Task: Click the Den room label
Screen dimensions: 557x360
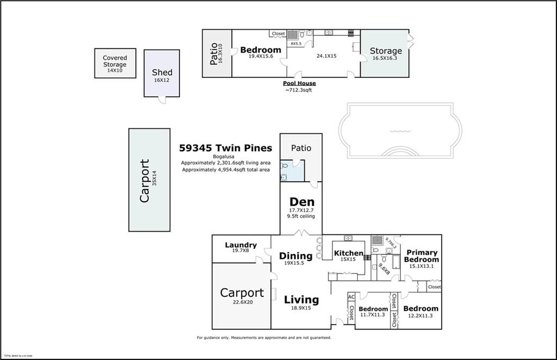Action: pyautogui.click(x=301, y=202)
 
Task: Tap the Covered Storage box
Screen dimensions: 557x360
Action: pyautogui.click(x=115, y=63)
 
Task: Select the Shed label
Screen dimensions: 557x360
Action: pyautogui.click(x=162, y=72)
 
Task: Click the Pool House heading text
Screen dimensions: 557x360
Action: pyautogui.click(x=299, y=83)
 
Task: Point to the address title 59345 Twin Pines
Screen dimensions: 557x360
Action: pyautogui.click(x=226, y=148)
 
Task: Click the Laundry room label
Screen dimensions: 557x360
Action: pyautogui.click(x=240, y=245)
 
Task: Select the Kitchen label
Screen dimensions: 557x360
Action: pyautogui.click(x=348, y=253)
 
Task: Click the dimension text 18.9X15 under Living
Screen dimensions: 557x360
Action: pyautogui.click(x=301, y=308)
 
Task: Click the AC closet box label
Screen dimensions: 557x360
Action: pyautogui.click(x=351, y=296)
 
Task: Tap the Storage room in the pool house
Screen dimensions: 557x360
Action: pyautogui.click(x=386, y=51)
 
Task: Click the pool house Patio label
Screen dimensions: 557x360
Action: pyautogui.click(x=214, y=53)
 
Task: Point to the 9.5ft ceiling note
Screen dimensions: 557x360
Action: pyautogui.click(x=301, y=216)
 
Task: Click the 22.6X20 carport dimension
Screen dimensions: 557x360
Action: pyautogui.click(x=242, y=302)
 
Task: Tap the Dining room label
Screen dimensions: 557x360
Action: pyautogui.click(x=295, y=256)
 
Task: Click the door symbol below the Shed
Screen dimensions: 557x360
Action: pyautogui.click(x=162, y=100)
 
